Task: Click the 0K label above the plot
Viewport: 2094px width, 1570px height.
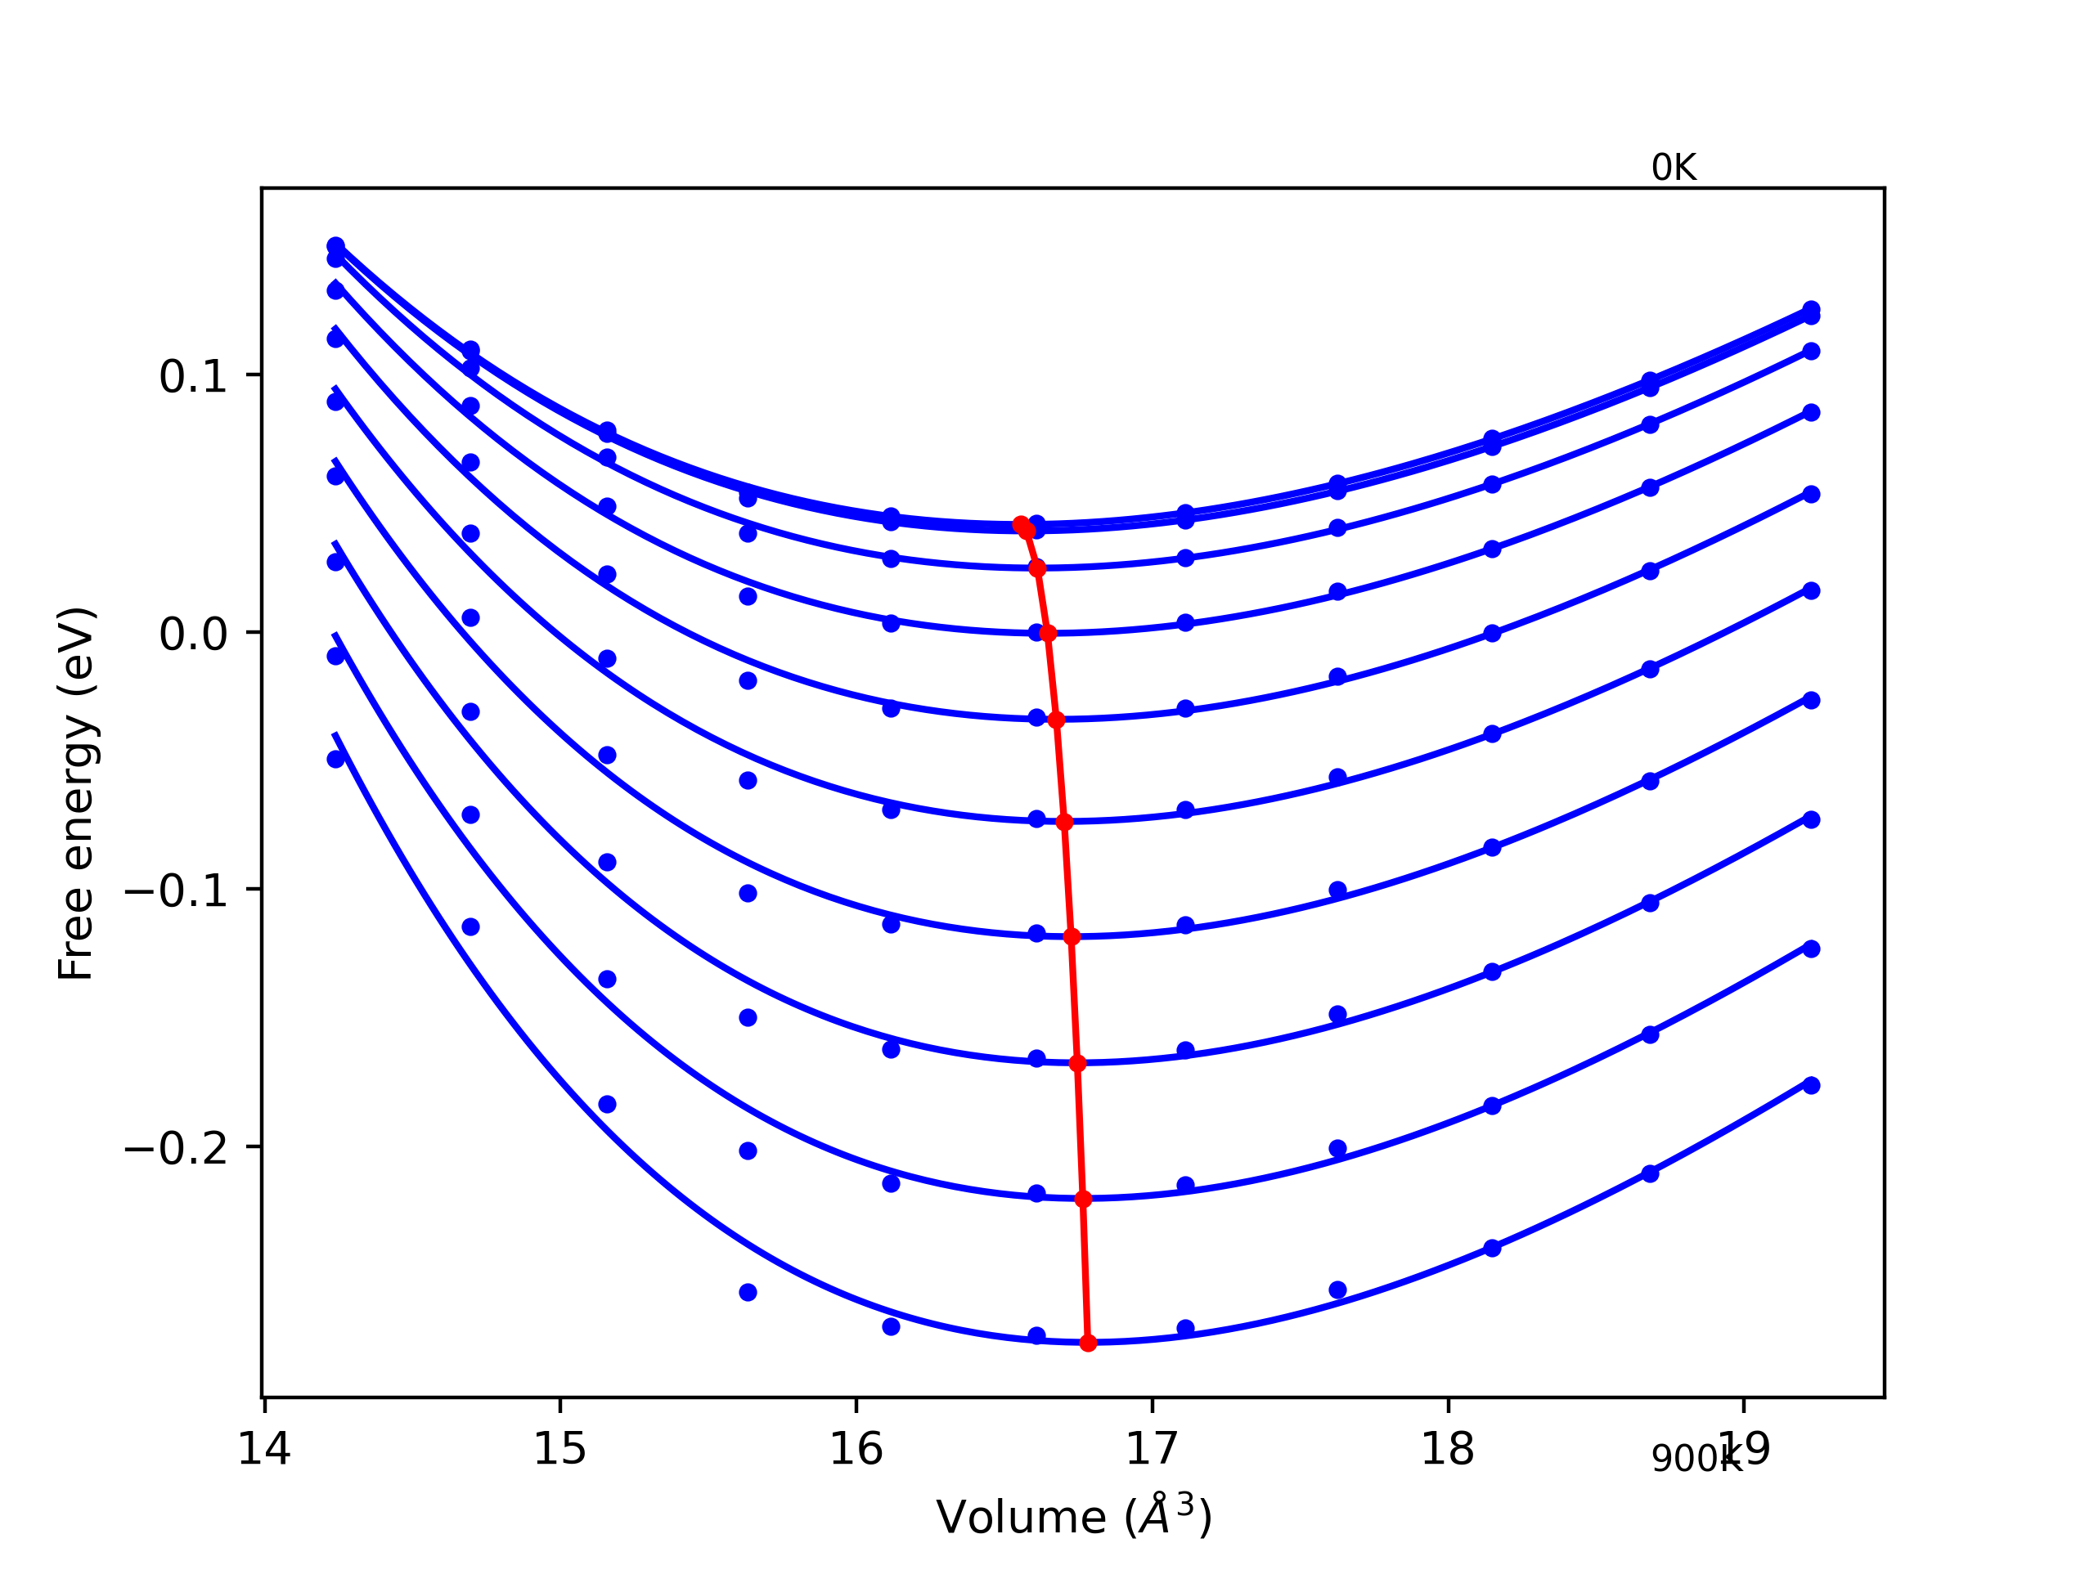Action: coord(1673,168)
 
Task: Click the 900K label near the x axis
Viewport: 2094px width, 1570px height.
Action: coord(1696,1460)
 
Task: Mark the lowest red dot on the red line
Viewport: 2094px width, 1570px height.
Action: coord(1088,1343)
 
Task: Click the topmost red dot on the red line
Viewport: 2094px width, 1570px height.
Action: coord(1021,524)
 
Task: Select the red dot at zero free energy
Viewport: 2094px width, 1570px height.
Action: coord(1048,633)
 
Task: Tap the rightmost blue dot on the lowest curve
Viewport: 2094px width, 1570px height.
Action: coord(1811,1085)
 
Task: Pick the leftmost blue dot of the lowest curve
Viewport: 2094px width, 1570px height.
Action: coord(336,759)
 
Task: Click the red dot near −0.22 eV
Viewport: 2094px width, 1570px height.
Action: coord(1084,1199)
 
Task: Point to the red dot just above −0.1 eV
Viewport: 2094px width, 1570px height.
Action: coord(1064,823)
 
